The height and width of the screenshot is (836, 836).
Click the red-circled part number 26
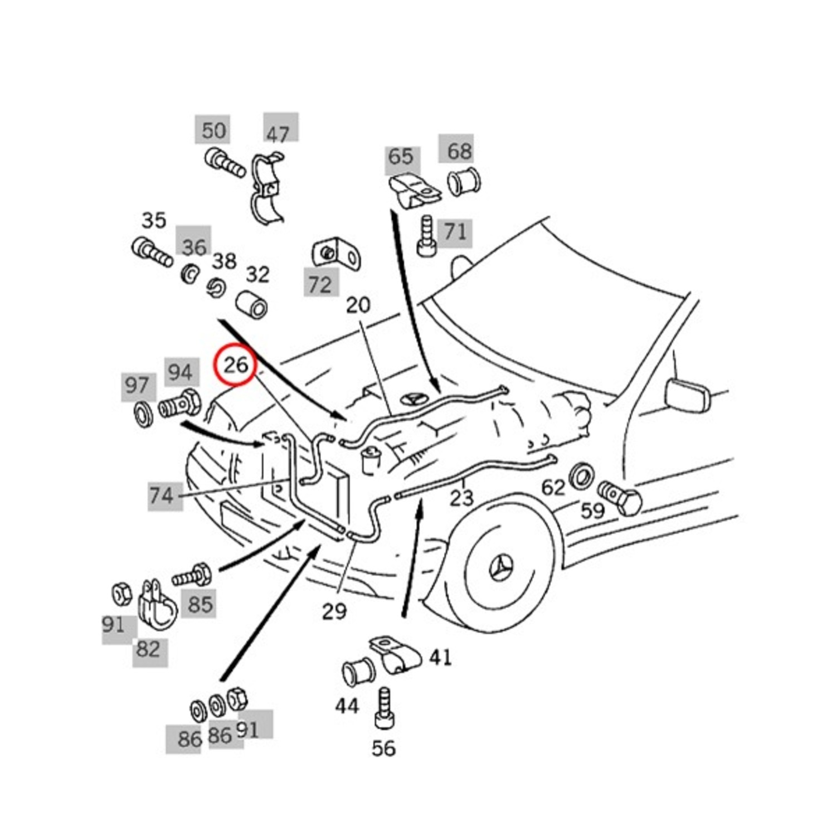(x=235, y=365)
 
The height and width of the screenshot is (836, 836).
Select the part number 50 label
(x=213, y=130)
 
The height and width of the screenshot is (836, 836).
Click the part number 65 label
(x=400, y=157)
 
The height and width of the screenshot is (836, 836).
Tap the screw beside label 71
(x=426, y=236)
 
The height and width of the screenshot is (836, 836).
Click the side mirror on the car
(x=688, y=394)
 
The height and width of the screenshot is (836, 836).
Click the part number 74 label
(x=162, y=495)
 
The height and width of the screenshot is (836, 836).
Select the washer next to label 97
(x=144, y=414)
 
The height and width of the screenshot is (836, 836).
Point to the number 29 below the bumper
(x=334, y=611)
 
